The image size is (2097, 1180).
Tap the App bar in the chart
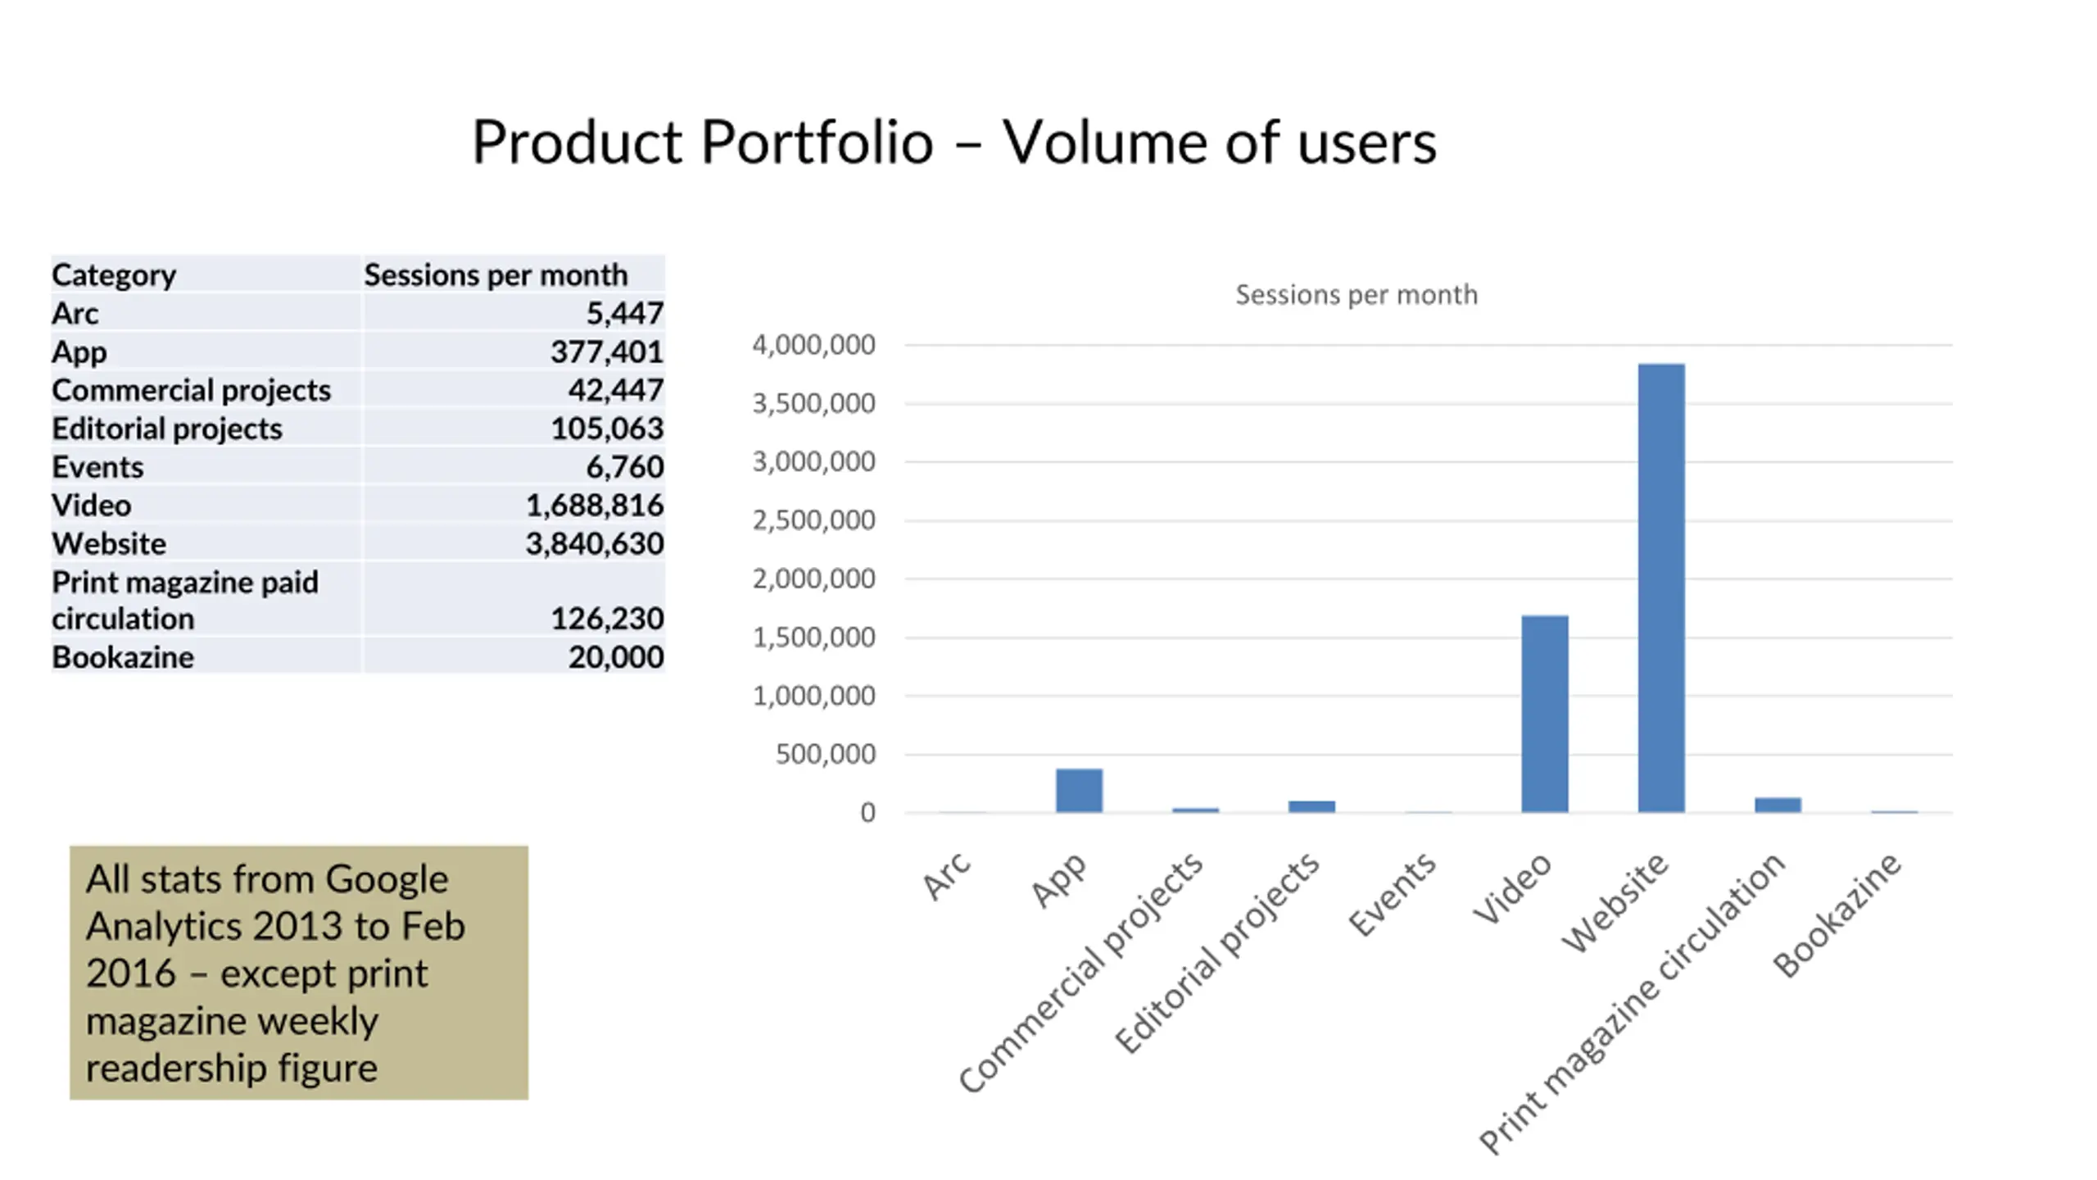(1079, 790)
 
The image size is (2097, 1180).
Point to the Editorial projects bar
(1311, 806)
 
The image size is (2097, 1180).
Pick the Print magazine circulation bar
(1778, 805)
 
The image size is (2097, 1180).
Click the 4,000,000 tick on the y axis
(813, 345)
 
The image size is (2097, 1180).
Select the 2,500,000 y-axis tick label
(813, 520)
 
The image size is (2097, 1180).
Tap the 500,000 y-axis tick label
(825, 754)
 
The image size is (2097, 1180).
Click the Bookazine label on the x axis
(1837, 915)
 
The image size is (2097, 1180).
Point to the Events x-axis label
(1393, 894)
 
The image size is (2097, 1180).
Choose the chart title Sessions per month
(1356, 294)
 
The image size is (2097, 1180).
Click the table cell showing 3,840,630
(594, 543)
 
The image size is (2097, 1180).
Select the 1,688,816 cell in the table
(594, 505)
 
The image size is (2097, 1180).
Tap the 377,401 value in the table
(606, 352)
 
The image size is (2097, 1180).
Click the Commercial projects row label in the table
(191, 390)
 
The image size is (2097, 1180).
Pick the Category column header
(114, 275)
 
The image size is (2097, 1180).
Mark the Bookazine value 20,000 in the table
(615, 656)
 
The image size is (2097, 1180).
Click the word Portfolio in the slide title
(817, 142)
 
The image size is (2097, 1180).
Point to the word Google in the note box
(387, 878)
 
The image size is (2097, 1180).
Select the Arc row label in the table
(75, 313)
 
